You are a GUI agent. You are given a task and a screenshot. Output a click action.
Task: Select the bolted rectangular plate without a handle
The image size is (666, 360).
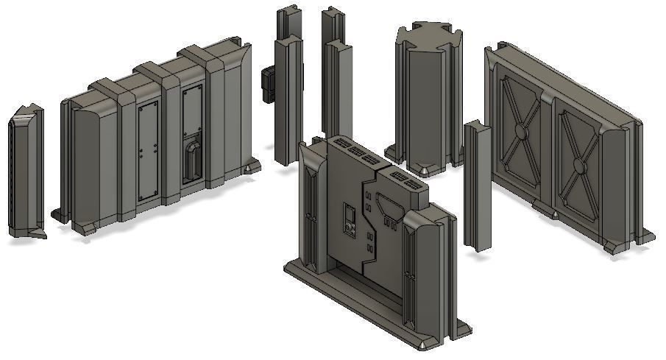point(148,150)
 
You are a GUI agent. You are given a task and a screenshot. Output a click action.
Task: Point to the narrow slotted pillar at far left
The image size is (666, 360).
point(25,173)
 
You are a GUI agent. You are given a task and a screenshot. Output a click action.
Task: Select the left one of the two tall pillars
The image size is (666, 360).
point(288,88)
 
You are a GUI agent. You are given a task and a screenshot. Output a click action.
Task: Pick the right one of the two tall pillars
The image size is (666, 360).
point(337,81)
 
